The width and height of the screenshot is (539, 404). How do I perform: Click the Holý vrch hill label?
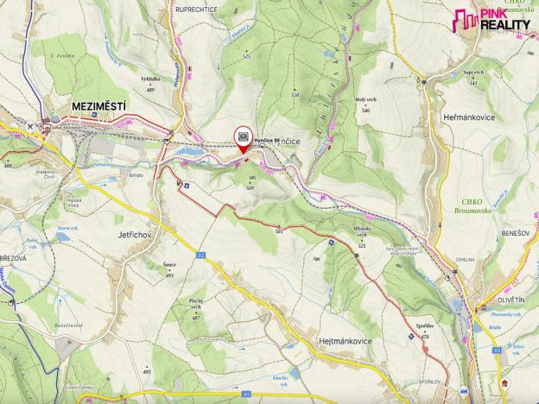pos(366,100)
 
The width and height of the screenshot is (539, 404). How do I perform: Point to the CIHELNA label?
pos(465,258)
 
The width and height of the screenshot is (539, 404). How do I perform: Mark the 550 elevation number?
pos(295,93)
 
